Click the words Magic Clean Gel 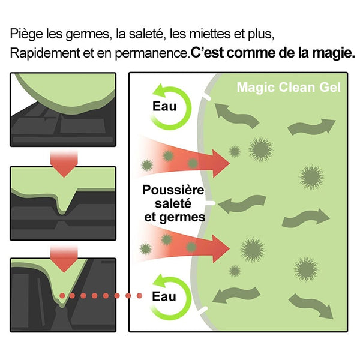289,88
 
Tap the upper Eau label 164,106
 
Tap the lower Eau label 164,296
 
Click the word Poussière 173,190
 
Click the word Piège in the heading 26,34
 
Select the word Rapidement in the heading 45,53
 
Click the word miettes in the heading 210,34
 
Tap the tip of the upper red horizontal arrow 229,163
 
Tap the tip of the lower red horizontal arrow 229,248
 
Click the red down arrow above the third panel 64,258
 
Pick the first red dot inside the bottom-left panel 62,296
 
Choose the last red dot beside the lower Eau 139,296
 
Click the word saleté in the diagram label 173,203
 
